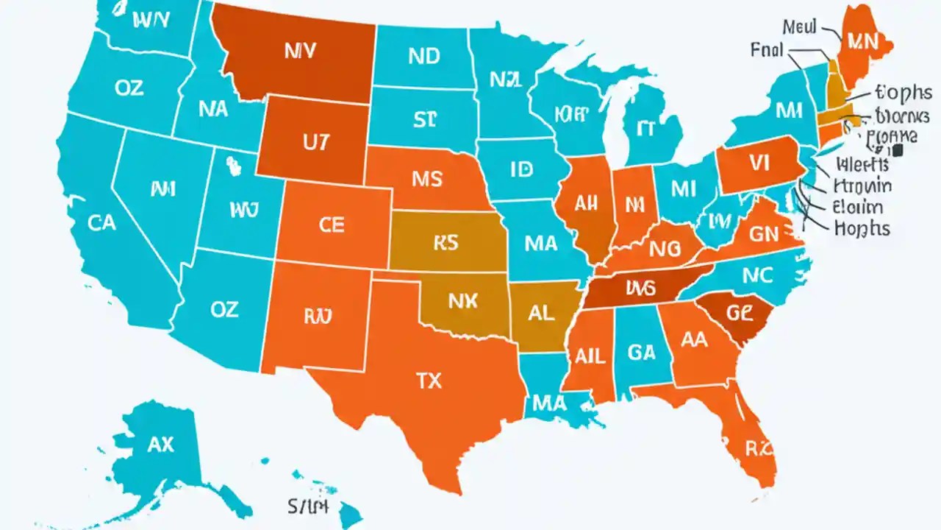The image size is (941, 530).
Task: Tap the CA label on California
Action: [x=101, y=222]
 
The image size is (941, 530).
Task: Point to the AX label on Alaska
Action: [x=160, y=444]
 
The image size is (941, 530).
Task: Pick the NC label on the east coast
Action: [x=758, y=275]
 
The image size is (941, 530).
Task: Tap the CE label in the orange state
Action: [x=332, y=225]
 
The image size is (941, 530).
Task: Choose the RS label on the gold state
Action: [x=446, y=244]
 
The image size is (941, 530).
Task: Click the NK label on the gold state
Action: [x=462, y=300]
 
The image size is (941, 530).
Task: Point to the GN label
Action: [x=768, y=234]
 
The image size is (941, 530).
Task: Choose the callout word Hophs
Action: [x=862, y=228]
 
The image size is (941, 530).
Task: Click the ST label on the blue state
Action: [x=425, y=119]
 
